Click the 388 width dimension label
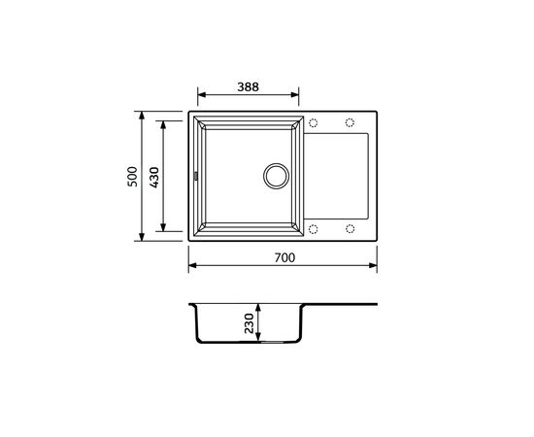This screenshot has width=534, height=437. tap(249, 84)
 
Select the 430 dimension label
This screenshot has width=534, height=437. tap(154, 176)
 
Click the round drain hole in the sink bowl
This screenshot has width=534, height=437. tap(277, 176)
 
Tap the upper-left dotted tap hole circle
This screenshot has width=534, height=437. tap(313, 123)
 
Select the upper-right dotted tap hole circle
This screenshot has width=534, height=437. tap(349, 123)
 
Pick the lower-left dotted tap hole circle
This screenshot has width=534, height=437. tap(313, 228)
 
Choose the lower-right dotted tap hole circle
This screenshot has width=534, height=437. tap(349, 228)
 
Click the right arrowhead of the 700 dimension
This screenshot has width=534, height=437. tap(374, 264)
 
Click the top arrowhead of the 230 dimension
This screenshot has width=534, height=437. tap(259, 309)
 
